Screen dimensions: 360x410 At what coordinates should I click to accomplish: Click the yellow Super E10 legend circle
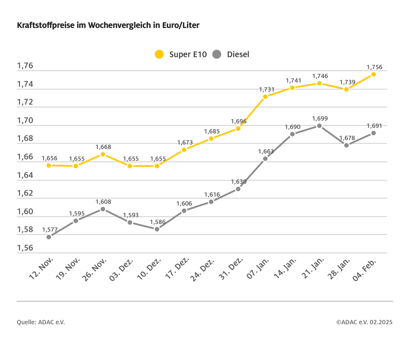tap(159, 54)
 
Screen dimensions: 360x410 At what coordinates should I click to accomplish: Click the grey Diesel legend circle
tap(217, 54)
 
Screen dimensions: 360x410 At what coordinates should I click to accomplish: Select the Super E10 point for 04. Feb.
tap(373, 74)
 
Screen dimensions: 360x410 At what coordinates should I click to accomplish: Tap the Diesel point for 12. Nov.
tap(49, 237)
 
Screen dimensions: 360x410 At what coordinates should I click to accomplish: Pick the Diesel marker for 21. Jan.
tap(319, 126)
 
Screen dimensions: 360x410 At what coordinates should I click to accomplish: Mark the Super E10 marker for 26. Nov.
tap(103, 154)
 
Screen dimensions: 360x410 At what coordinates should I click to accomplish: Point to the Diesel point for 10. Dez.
tap(157, 229)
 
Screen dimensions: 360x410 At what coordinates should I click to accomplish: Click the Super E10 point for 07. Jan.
tap(265, 97)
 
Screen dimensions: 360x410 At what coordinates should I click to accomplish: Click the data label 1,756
tap(374, 67)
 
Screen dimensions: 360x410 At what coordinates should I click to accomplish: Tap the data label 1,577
tap(50, 230)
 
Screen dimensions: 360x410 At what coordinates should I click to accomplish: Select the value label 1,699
tap(320, 118)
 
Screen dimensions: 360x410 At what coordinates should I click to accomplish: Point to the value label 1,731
tap(266, 89)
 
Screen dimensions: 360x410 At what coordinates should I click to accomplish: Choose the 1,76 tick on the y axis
tap(25, 66)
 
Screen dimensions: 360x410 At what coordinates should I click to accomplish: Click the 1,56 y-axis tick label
tap(25, 248)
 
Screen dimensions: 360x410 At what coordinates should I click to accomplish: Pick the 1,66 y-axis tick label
tap(25, 157)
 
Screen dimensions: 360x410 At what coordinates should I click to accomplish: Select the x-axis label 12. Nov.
tap(42, 268)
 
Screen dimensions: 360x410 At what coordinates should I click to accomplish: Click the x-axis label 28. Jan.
tap(339, 268)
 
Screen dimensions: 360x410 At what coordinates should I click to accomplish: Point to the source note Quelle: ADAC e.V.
tap(41, 322)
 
